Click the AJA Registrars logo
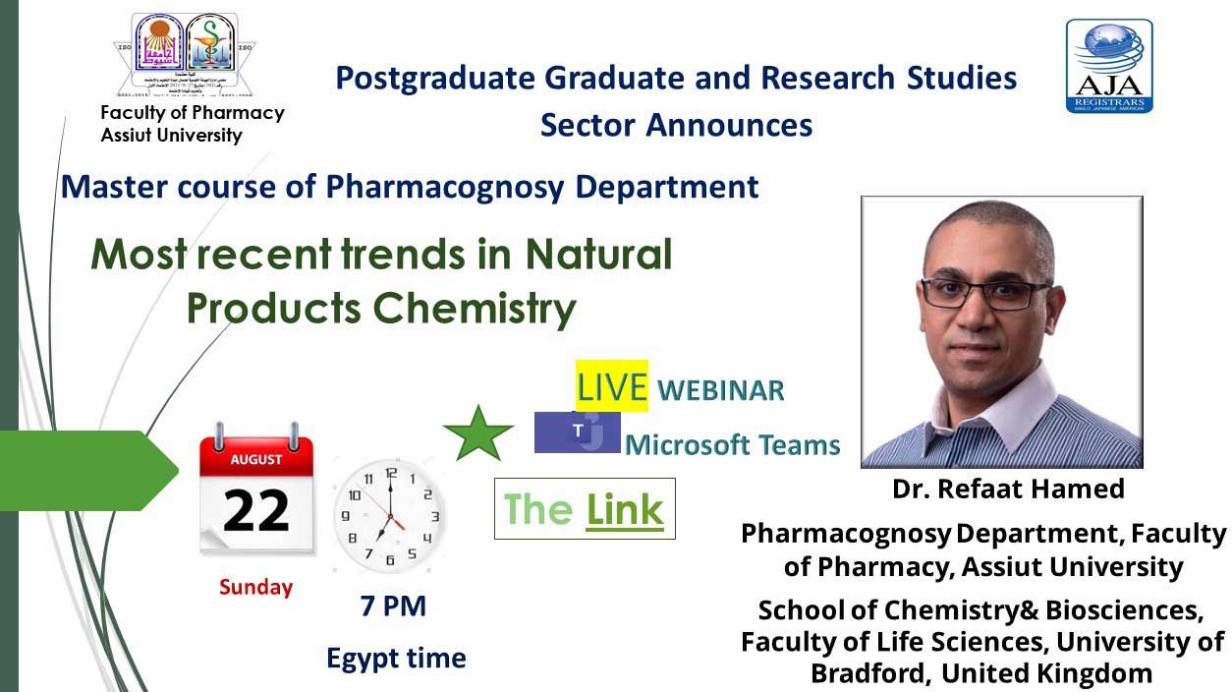point(1109,66)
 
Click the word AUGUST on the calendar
point(256,459)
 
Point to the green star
point(478,433)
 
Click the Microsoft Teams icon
point(577,432)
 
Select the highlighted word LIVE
point(611,386)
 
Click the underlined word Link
point(625,509)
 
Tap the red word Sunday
point(255,588)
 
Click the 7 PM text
point(393,606)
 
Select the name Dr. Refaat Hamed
point(1008,489)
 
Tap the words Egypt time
point(396,658)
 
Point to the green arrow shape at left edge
point(88,469)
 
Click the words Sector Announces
point(676,125)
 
